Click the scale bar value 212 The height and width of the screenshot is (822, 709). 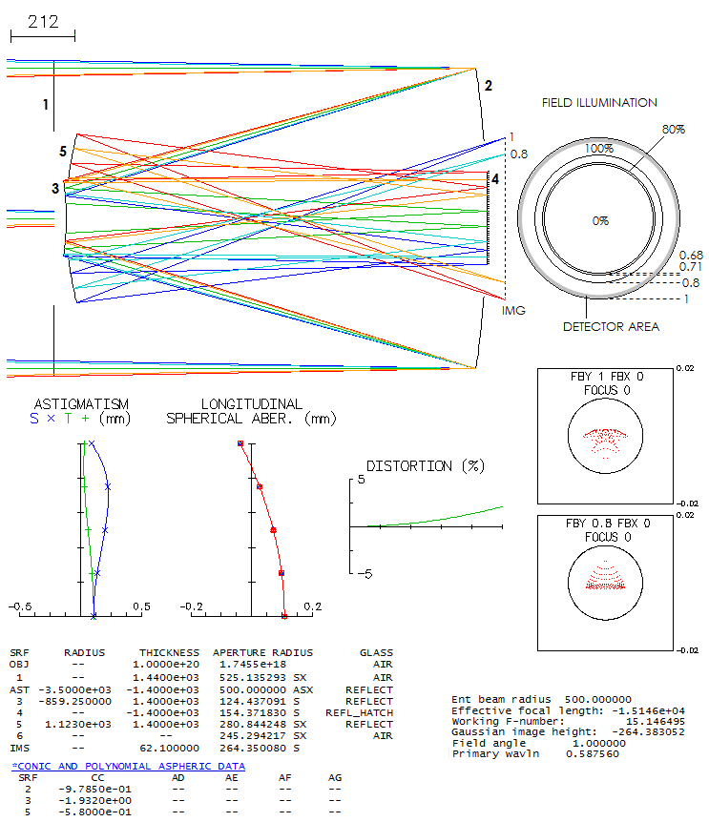(x=43, y=22)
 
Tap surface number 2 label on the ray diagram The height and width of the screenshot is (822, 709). (x=489, y=86)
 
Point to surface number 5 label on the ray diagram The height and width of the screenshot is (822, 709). (x=63, y=152)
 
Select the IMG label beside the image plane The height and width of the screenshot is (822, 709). (x=513, y=310)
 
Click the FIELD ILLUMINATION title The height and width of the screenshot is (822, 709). (x=599, y=103)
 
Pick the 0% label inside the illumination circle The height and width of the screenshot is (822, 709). (x=600, y=221)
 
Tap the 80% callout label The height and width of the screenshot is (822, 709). (x=674, y=130)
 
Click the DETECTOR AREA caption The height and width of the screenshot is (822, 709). (x=611, y=326)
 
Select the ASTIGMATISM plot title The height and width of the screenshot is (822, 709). (x=81, y=404)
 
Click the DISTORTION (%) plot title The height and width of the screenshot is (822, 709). (x=426, y=466)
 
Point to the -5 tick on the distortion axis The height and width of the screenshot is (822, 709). (x=365, y=574)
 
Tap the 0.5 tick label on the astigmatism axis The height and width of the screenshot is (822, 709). (x=141, y=606)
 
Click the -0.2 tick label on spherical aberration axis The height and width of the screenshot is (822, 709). (x=192, y=606)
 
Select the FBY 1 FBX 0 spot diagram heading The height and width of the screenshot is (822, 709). (x=607, y=377)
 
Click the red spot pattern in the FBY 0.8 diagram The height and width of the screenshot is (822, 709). (x=605, y=575)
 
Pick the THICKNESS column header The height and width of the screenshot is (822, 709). (x=169, y=652)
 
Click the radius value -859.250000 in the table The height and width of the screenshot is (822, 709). (x=75, y=702)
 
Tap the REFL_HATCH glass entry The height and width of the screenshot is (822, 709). (x=359, y=713)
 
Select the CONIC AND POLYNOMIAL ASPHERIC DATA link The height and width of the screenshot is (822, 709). (x=129, y=767)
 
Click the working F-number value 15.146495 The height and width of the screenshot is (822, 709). (x=655, y=721)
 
